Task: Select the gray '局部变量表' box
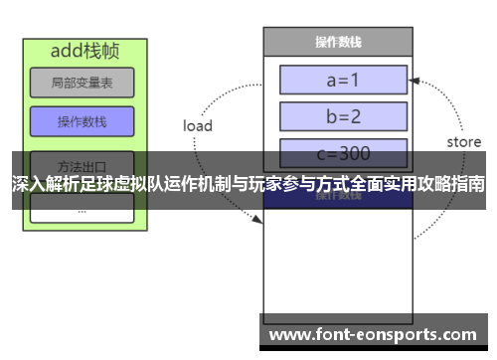tap(82, 83)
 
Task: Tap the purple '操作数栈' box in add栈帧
tap(82, 121)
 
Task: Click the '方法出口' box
tap(82, 163)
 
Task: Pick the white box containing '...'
tap(82, 209)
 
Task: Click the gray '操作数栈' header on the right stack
tap(337, 42)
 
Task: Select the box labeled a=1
tap(343, 79)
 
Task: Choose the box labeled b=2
tap(343, 115)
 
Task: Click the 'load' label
tap(198, 126)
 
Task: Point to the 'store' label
tap(463, 142)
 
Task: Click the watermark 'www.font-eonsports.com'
tap(373, 334)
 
